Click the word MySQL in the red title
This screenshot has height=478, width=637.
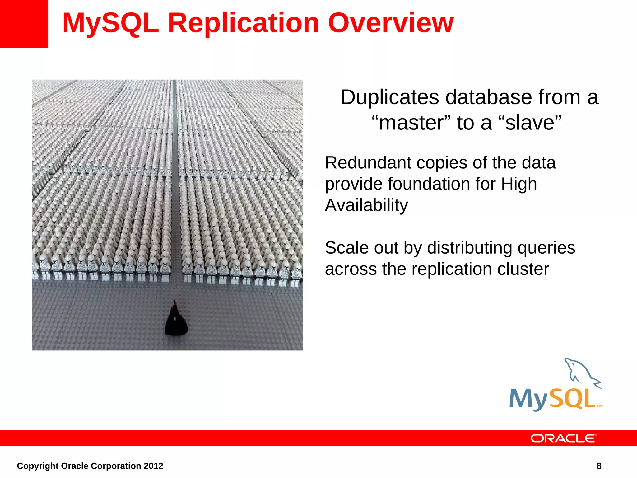(x=110, y=24)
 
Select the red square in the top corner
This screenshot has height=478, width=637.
(x=24, y=24)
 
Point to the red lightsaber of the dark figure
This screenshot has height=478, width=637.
(x=175, y=302)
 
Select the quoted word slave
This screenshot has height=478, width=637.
(x=529, y=123)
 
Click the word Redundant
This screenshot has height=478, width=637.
(x=368, y=163)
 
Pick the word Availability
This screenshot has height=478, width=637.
(x=366, y=205)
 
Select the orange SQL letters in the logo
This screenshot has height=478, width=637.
(x=572, y=399)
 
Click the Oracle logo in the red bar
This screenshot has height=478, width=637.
(x=563, y=438)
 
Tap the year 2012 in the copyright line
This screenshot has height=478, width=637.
(x=153, y=466)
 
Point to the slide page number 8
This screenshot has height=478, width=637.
(x=599, y=466)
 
